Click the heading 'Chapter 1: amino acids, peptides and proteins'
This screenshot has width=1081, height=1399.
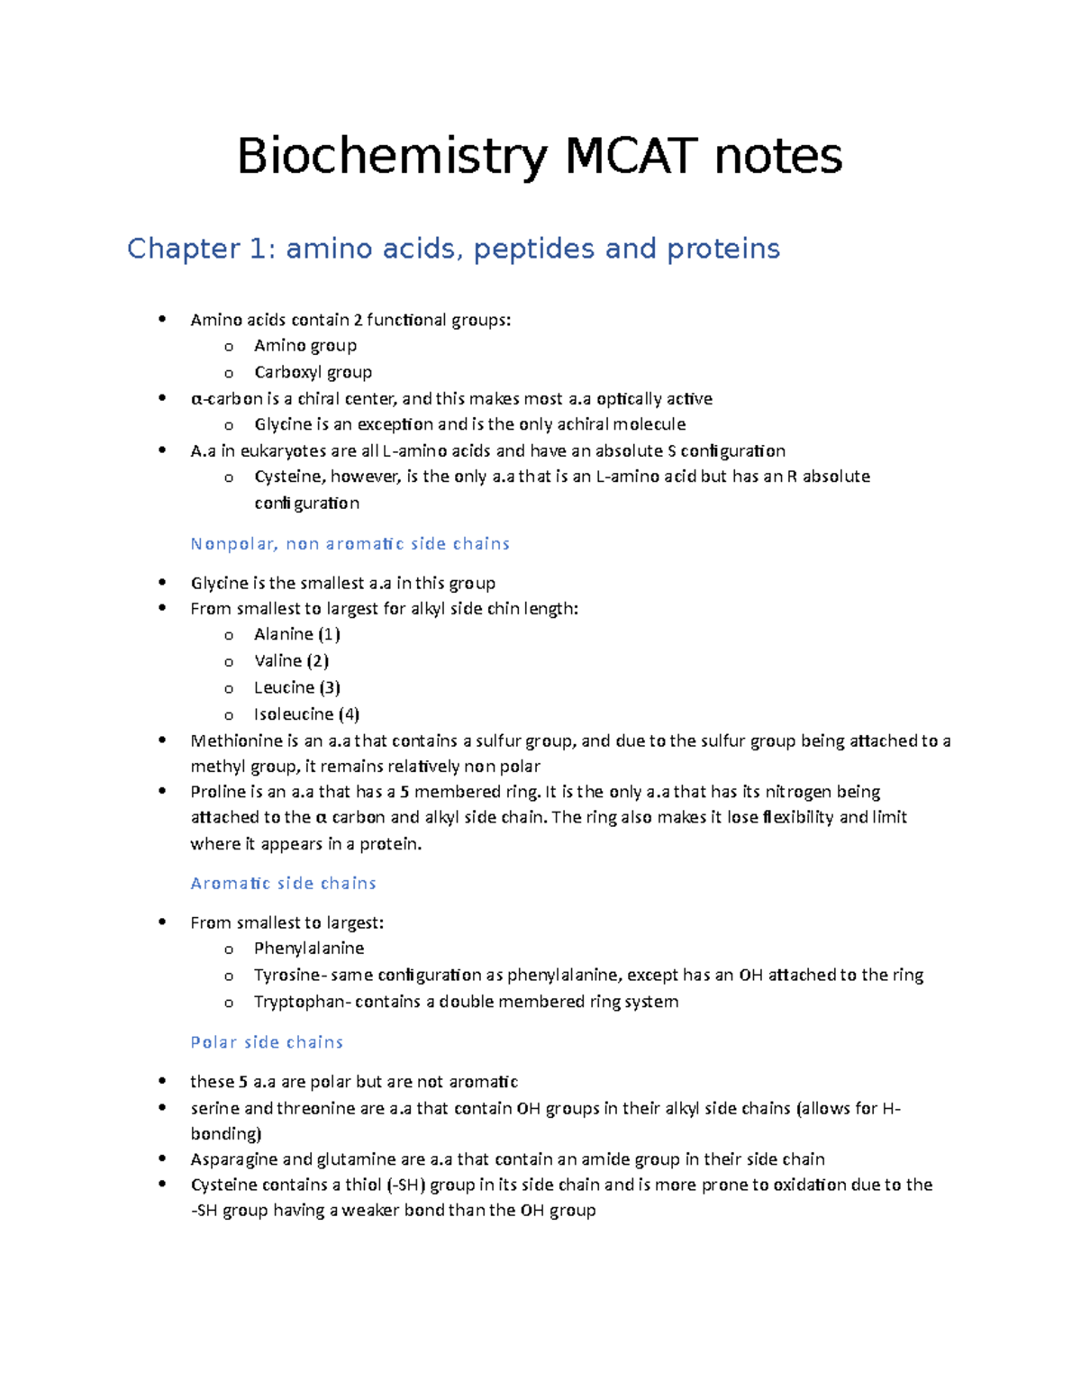453,249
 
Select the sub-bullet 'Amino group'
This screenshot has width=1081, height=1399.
304,346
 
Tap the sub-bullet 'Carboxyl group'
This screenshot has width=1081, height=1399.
313,372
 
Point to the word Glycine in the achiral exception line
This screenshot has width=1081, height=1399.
283,424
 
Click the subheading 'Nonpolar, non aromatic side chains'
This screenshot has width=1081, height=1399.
350,543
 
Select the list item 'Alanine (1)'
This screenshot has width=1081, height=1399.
296,634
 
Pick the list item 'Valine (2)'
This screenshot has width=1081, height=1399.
291,661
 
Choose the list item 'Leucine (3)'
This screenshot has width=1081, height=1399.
296,687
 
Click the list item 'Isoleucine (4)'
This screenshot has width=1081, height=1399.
306,714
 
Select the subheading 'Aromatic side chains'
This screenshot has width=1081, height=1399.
283,884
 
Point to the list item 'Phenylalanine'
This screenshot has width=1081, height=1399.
309,949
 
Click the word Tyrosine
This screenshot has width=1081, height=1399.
286,975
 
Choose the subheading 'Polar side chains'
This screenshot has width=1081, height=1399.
267,1042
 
